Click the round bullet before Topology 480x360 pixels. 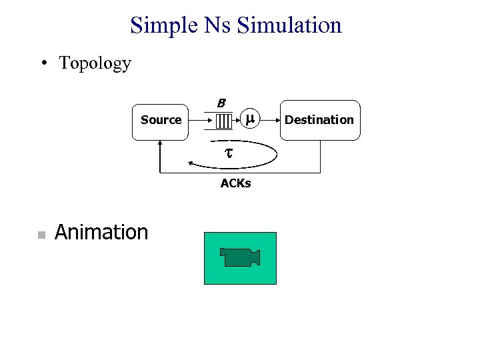[43, 64]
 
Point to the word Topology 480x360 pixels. [95, 64]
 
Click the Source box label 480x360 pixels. [161, 120]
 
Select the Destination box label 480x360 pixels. [319, 120]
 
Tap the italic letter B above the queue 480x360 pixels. [221, 103]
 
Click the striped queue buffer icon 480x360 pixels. [223, 121]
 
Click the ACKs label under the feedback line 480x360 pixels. [235, 183]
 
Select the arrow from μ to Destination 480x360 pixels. [269, 120]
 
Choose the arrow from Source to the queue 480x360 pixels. [203, 121]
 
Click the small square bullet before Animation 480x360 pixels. [41, 235]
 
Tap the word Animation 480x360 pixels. [101, 232]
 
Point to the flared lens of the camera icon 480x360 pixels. [255, 257]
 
